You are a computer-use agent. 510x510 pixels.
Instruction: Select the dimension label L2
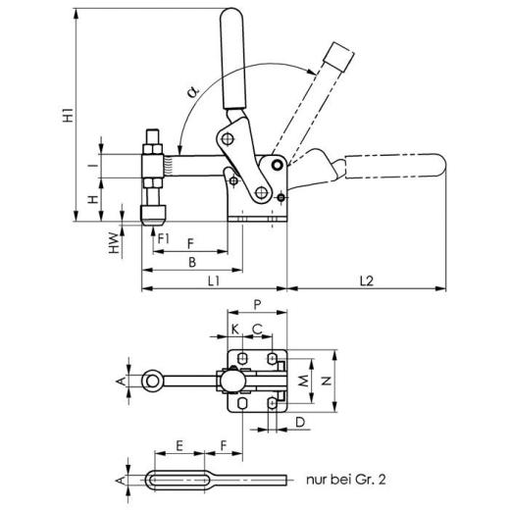coord(365,280)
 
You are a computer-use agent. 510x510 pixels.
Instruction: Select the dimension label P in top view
coord(256,304)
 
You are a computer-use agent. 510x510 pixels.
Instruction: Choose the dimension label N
coord(328,379)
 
